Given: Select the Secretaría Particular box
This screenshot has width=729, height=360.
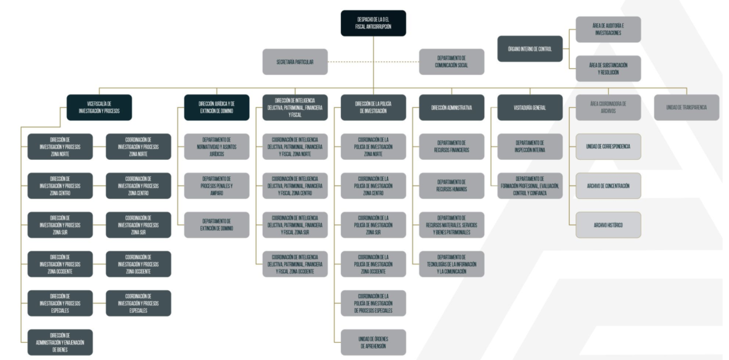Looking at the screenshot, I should [295, 62].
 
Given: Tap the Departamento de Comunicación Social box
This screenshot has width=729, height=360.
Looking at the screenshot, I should [451, 62].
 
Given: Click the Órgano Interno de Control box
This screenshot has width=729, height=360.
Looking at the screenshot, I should [530, 49].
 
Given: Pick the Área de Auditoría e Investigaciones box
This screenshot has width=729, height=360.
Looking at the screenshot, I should [607, 29].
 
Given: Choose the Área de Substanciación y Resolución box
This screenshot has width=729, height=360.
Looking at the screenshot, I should [607, 68].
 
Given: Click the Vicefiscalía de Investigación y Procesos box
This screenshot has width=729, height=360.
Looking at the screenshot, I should [99, 107].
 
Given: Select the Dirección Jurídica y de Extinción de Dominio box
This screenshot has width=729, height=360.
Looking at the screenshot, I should [216, 107].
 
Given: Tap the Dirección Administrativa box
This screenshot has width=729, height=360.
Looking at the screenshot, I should [451, 107].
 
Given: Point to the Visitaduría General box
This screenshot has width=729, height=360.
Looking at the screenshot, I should [530, 107].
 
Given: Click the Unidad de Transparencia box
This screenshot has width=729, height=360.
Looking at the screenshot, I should [686, 107].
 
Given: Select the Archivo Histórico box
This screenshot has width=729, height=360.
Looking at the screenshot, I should [608, 225].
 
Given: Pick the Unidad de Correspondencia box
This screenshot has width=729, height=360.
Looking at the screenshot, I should [608, 146].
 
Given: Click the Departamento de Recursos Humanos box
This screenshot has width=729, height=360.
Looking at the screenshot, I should [451, 185].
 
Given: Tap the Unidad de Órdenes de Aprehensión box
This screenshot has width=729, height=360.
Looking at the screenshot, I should [373, 342].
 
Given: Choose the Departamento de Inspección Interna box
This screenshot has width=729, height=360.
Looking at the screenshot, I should [530, 146].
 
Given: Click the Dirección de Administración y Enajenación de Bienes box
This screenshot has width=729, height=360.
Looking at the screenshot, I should [60, 342].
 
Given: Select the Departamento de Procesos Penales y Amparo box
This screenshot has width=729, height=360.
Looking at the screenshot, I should [216, 185].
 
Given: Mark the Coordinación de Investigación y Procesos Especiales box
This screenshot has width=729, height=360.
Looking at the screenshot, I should [138, 303].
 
